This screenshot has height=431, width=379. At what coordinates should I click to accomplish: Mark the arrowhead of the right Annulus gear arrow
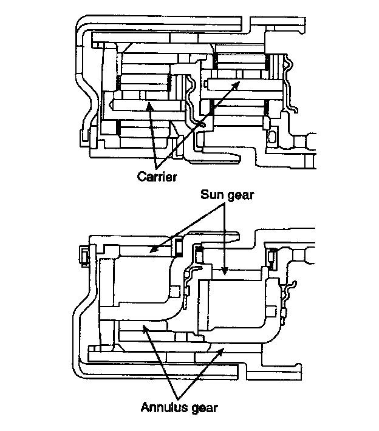click(x=227, y=348)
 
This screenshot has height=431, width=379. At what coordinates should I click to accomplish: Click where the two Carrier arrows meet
click(x=160, y=168)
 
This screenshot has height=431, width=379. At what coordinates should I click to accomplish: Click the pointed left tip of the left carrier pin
click(x=111, y=105)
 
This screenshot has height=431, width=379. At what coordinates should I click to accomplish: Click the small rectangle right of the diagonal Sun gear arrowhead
click(x=179, y=246)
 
